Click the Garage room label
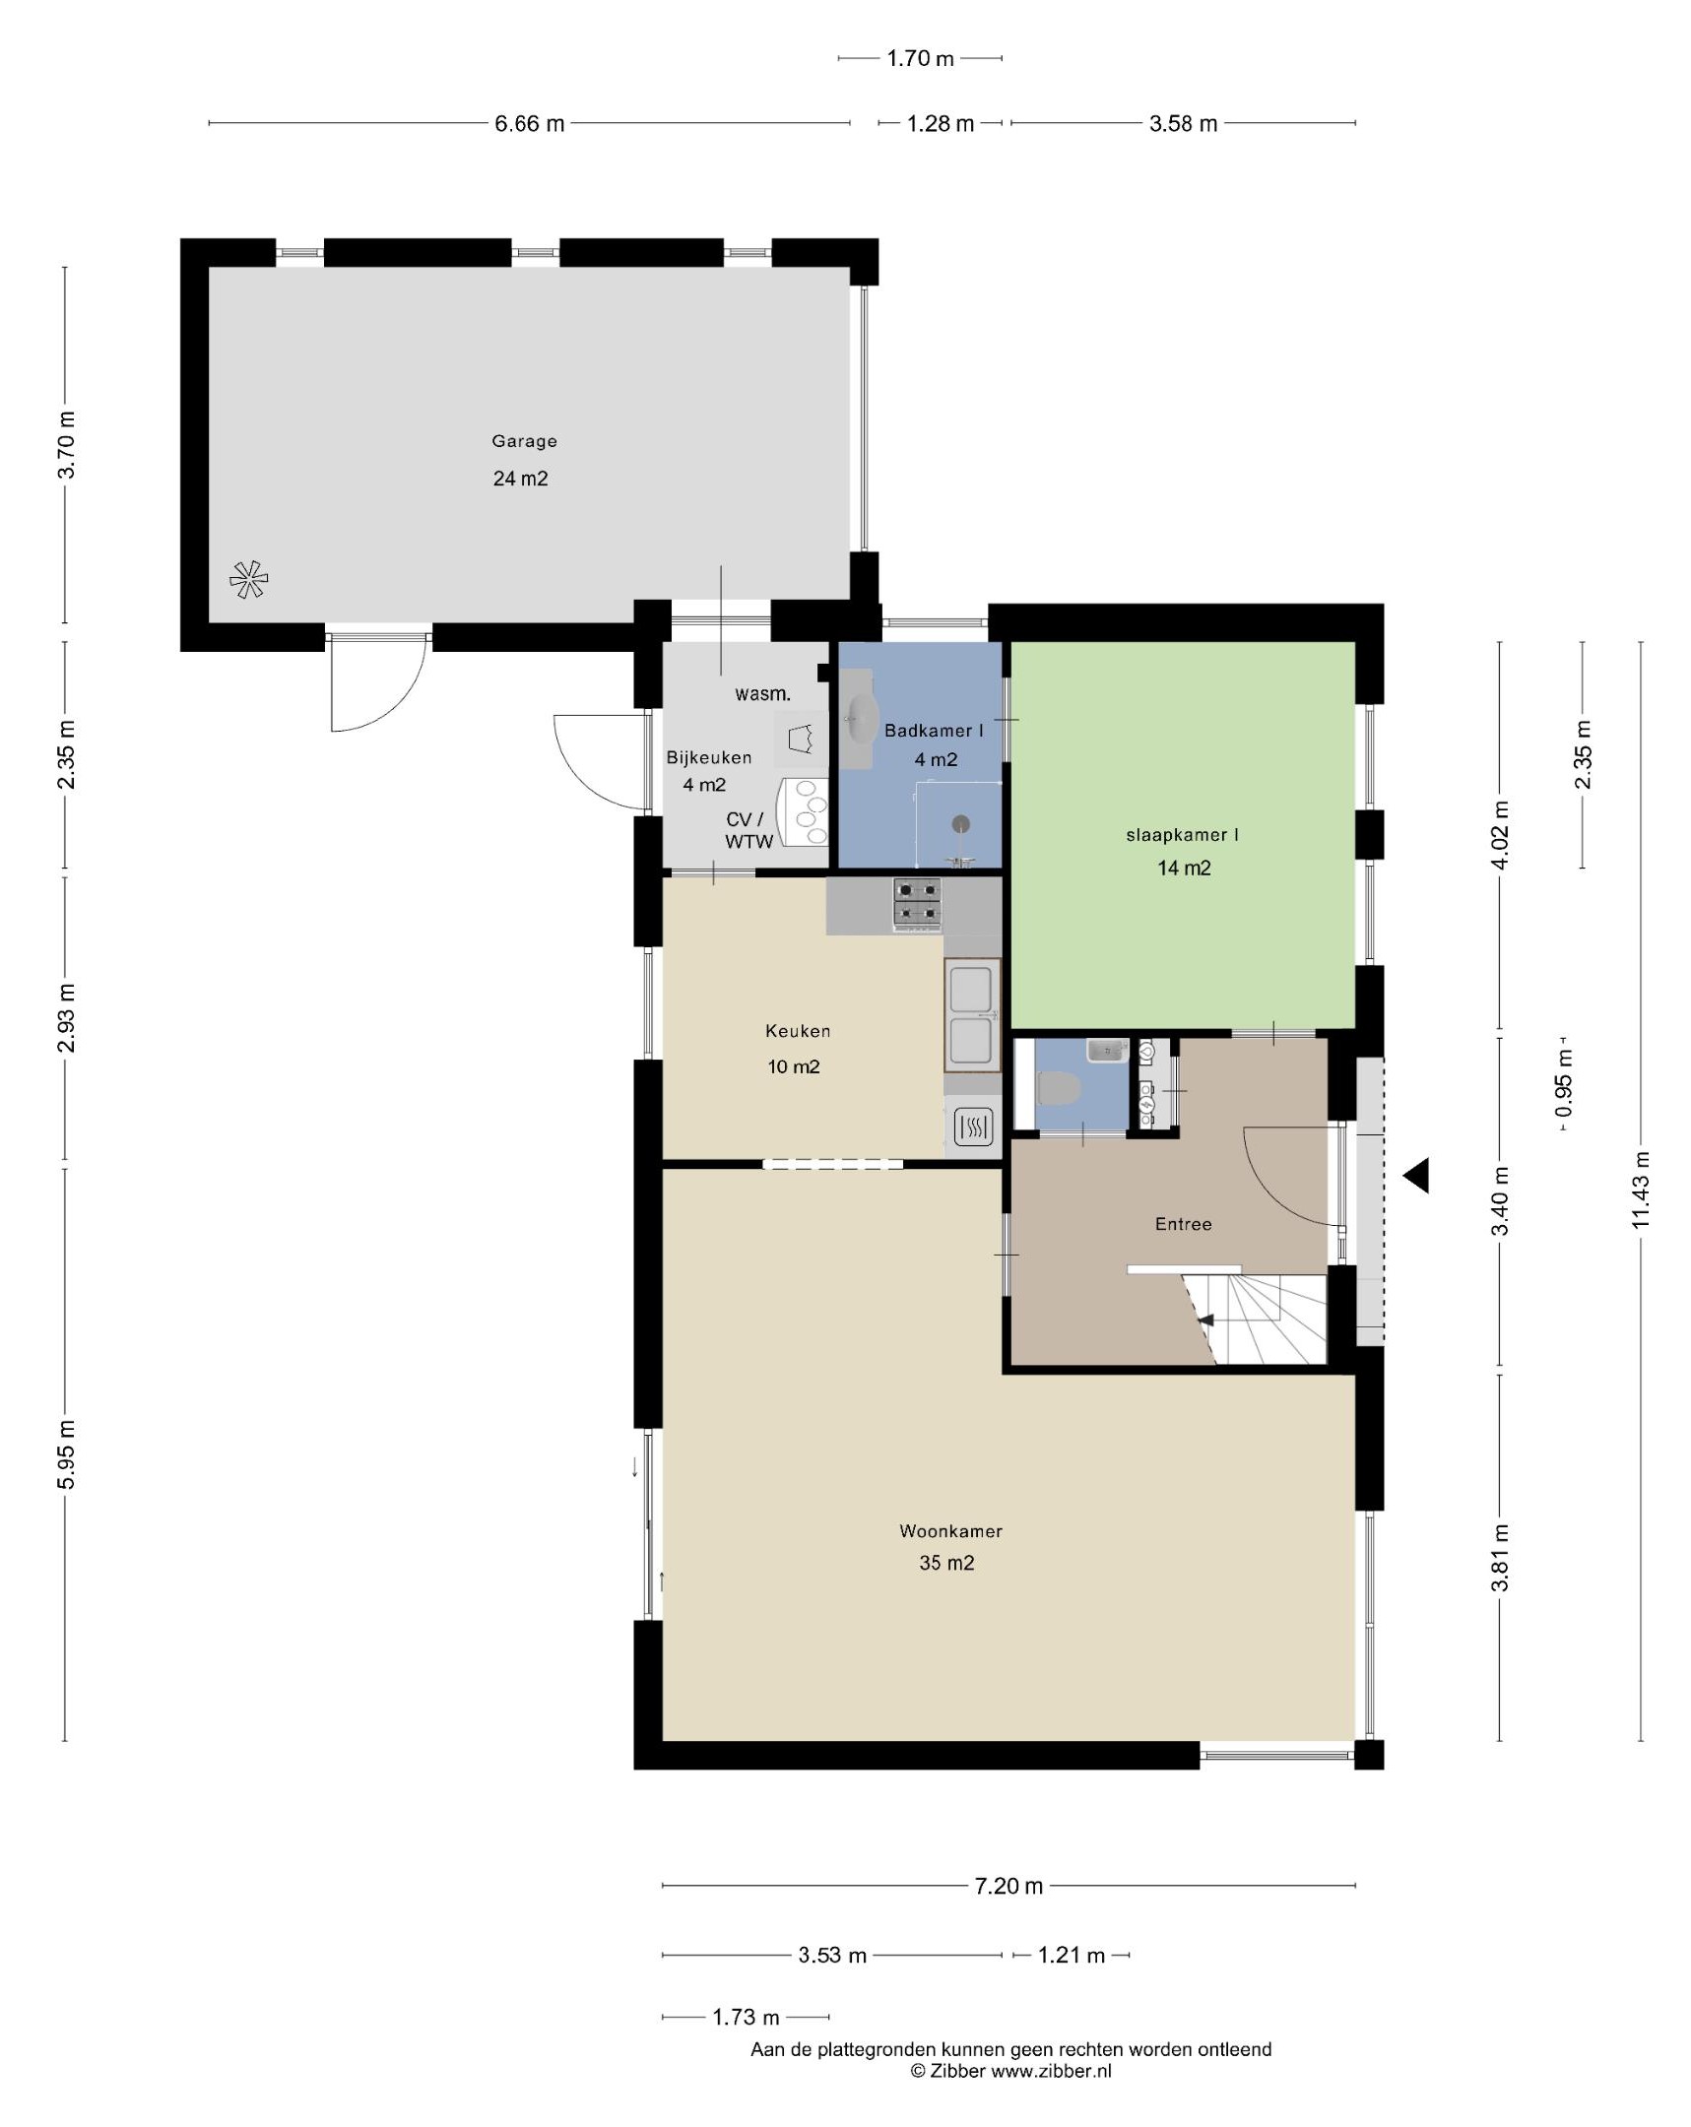point(524,441)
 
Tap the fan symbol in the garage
point(247,579)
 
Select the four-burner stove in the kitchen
point(918,904)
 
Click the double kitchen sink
point(971,1014)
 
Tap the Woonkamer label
point(950,1531)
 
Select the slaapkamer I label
point(1182,835)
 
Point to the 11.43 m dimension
point(1640,1191)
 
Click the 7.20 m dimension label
point(1008,1886)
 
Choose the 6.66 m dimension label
point(530,123)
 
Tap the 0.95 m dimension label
point(1564,1083)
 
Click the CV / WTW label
point(748,831)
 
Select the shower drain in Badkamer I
point(960,824)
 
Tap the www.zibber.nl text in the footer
point(1051,2071)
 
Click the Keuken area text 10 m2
point(793,1066)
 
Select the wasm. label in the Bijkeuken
point(762,693)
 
